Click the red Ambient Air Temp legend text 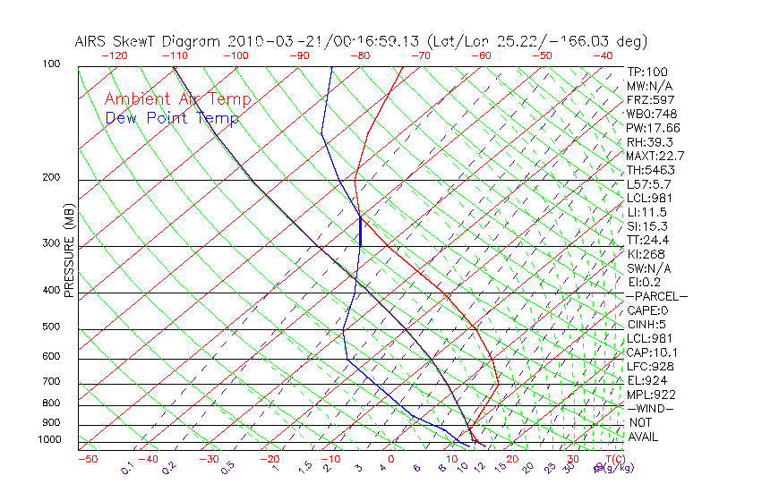point(177,99)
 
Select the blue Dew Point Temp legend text point(172,118)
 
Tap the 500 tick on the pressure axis point(51,327)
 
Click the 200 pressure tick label point(51,177)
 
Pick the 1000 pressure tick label point(48,439)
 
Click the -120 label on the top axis point(115,55)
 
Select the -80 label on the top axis point(360,55)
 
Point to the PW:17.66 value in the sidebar point(654,128)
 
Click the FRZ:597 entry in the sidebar point(651,100)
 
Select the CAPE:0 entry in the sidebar point(650,310)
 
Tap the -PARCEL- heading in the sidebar point(656,296)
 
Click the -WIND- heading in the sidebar point(651,408)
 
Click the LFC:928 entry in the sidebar point(650,366)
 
